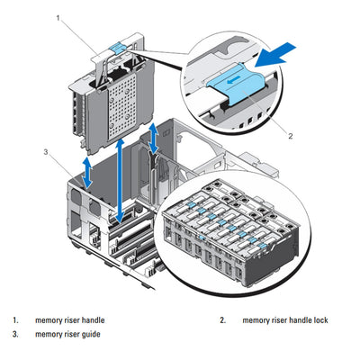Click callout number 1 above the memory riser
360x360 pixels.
pos(58,17)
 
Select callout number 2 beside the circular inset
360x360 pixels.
pos(291,136)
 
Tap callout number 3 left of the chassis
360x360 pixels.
pos(44,151)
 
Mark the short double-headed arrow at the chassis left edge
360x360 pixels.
pos(86,172)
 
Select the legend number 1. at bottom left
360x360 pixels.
pos(14,319)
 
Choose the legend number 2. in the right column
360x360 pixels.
pos(221,319)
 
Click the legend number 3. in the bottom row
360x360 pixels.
pos(14,334)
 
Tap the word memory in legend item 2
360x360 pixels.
pos(258,319)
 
